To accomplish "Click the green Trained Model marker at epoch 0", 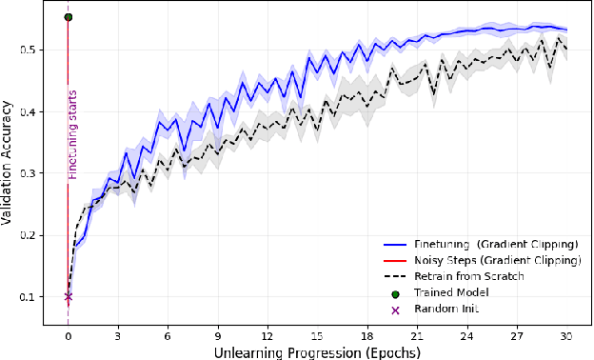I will click(68, 17).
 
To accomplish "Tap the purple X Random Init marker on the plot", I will click(68, 296).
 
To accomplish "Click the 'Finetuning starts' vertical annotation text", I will click(71, 134).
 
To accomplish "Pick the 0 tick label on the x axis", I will click(68, 335).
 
